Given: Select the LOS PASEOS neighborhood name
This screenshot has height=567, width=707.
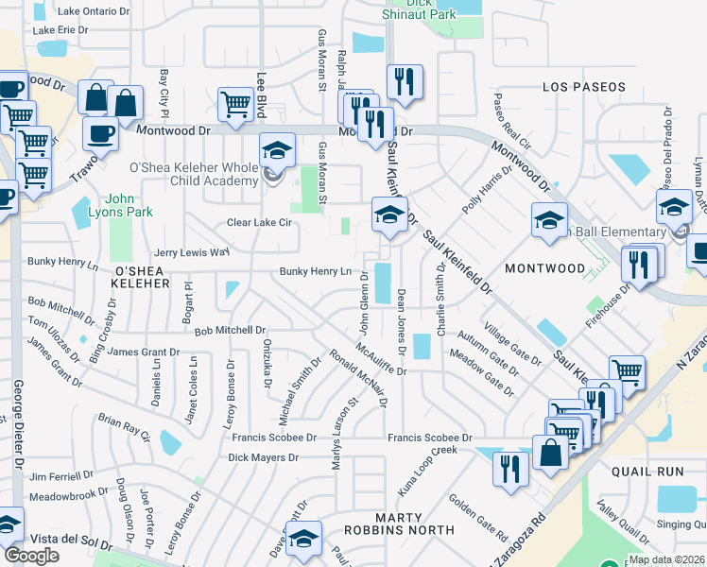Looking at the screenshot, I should point(583,87).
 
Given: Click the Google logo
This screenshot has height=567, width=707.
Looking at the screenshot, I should point(31,556).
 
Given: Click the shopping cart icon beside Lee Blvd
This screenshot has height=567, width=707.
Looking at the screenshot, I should point(235,106).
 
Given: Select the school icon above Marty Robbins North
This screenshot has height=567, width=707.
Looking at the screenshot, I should point(304,540).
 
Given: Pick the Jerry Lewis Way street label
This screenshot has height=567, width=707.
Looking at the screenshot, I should point(192,252).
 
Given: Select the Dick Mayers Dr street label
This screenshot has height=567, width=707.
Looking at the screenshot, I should point(263,457).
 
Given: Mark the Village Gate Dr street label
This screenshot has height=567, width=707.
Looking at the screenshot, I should point(512,345).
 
